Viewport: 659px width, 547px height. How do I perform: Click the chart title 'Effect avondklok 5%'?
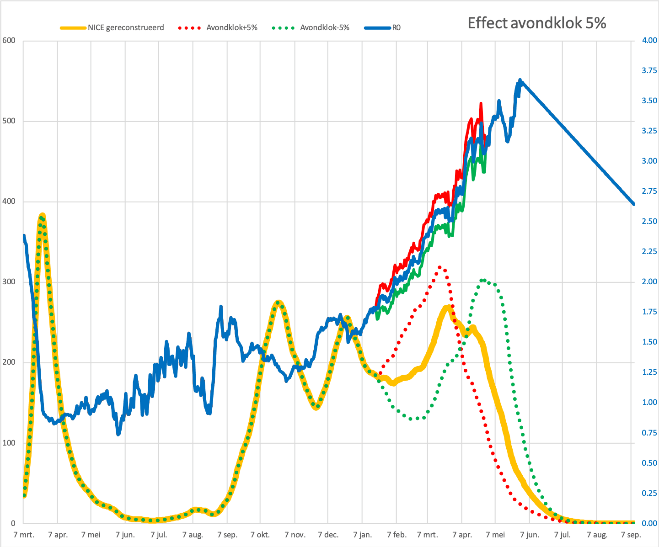(536, 23)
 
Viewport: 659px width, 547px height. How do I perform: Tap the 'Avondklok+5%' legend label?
(232, 28)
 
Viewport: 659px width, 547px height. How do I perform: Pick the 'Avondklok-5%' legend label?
(324, 28)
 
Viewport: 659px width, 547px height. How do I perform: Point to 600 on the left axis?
(9, 40)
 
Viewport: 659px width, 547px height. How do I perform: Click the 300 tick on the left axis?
(9, 281)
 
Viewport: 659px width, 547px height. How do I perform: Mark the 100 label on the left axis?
(9, 443)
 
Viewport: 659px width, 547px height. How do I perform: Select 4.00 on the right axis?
(649, 40)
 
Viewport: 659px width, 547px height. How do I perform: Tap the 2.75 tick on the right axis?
(649, 191)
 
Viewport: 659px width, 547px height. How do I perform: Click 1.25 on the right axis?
(649, 372)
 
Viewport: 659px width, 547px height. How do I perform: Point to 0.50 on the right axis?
(649, 463)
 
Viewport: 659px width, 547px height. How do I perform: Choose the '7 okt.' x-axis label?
(260, 535)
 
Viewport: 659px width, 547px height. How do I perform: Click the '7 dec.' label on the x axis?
(328, 535)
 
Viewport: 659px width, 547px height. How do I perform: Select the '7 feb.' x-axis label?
(396, 535)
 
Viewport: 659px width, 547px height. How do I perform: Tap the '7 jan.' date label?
(362, 535)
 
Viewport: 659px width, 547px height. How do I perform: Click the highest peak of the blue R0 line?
(520, 80)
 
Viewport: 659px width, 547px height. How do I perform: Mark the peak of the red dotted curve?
(440, 267)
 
